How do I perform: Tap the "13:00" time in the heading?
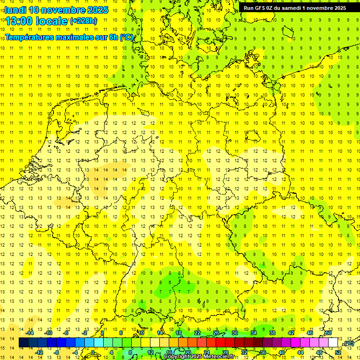click(19, 21)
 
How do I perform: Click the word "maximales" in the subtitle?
click(75, 37)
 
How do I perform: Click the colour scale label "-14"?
click(30, 333)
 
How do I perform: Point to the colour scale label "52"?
click(338, 352)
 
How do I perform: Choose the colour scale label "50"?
click(329, 333)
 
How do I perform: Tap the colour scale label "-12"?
click(39, 352)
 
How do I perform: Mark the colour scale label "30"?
click(235, 333)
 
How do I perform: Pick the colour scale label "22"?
click(198, 333)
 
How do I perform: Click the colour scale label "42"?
click(291, 333)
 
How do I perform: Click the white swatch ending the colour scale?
click(333, 343)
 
